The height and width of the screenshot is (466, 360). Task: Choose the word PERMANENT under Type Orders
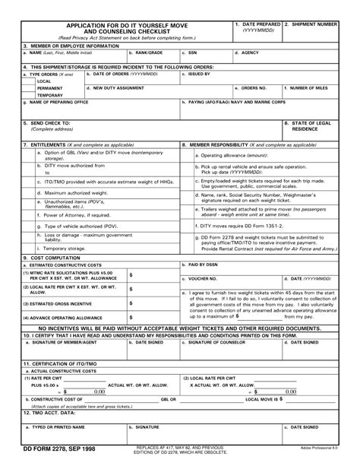pyautogui.click(x=49, y=87)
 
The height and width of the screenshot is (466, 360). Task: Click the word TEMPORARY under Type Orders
pyautogui.click(x=50, y=95)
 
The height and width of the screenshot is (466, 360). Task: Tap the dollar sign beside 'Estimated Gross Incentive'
pyautogui.click(x=131, y=303)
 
